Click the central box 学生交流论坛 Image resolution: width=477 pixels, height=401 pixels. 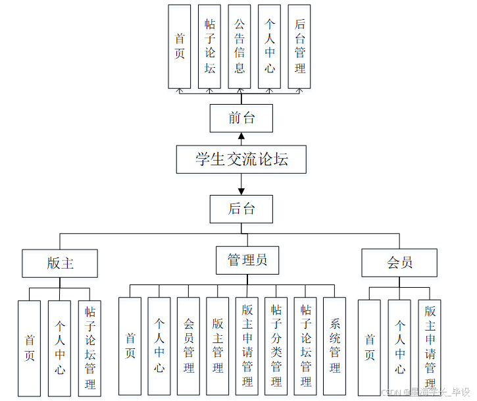point(241,159)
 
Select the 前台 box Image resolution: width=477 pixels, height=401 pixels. point(241,119)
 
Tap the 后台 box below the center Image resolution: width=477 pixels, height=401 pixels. point(241,209)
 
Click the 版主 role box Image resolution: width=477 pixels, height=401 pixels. point(60,263)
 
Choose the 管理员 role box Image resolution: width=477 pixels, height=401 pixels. point(247,260)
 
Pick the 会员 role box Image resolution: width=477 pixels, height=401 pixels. point(399,263)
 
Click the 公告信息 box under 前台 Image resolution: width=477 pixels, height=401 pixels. point(239,46)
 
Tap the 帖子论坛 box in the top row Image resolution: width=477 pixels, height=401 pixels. point(209,46)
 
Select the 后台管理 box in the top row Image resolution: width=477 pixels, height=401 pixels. point(299,46)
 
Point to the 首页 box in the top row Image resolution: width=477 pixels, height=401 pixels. point(180,46)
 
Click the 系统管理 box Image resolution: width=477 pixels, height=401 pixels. point(334,346)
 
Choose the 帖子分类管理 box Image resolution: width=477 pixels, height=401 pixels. point(276,346)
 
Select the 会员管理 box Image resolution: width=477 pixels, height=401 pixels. point(188,346)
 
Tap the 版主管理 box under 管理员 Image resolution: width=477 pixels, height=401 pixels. point(218,346)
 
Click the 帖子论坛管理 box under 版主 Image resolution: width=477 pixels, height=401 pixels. point(89,348)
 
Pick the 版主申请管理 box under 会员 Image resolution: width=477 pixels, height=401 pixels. point(430,348)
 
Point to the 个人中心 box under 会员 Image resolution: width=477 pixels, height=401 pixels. point(399,348)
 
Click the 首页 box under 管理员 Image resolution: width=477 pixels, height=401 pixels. point(130,346)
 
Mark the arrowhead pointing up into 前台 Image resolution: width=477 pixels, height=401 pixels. point(241,136)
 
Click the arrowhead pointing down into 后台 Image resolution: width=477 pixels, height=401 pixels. point(241,191)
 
